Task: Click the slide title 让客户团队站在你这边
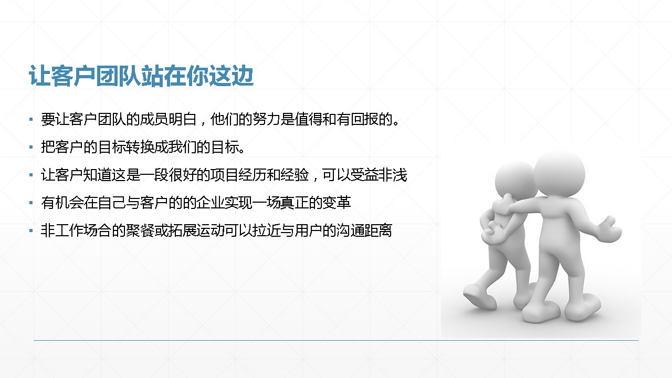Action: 141,76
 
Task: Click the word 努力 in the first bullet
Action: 266,119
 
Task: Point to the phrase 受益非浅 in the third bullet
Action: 379,175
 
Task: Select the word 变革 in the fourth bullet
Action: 337,203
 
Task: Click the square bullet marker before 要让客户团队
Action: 31,119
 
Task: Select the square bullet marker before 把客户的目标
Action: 31,148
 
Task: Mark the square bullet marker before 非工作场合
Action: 31,231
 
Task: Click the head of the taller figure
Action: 560,174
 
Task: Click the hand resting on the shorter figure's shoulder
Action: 503,204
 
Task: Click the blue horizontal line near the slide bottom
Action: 336,341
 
